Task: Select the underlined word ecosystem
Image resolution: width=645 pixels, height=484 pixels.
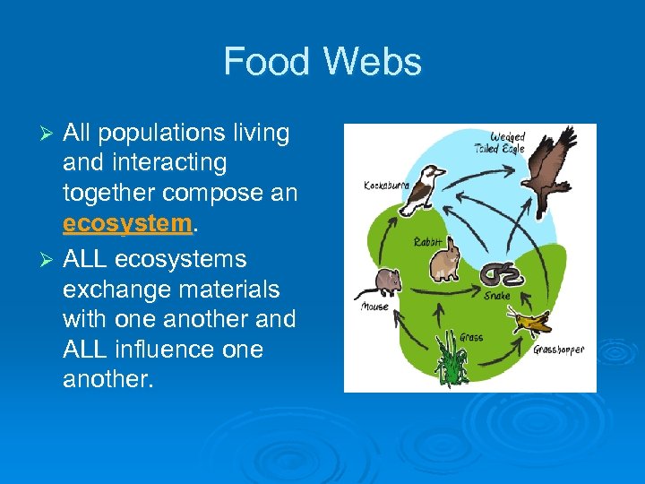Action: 128,223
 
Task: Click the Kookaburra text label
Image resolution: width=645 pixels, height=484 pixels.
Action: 386,186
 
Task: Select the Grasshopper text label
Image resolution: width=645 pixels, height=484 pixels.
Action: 558,350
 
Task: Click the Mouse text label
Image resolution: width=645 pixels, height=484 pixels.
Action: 374,307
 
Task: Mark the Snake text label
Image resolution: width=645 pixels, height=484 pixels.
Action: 497,295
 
